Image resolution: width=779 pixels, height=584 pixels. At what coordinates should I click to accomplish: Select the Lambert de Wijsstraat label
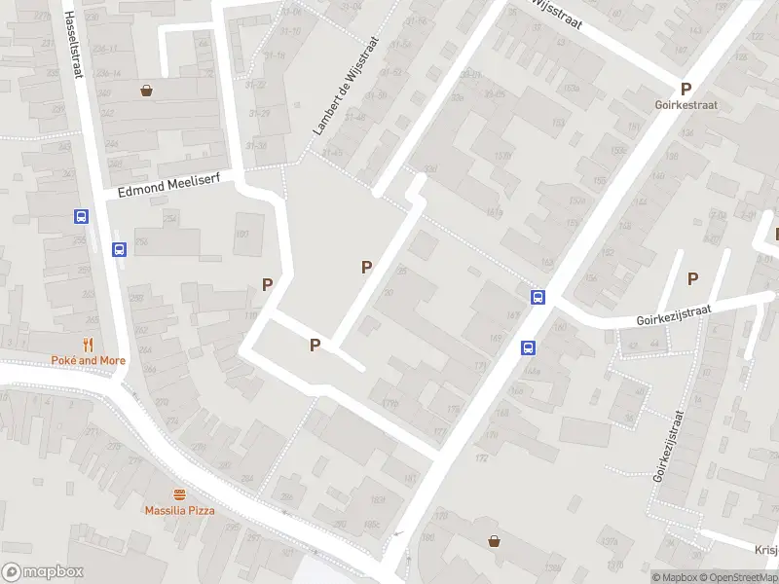pyautogui.click(x=343, y=96)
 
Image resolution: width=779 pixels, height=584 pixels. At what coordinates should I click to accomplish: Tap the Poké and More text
pyautogui.click(x=89, y=360)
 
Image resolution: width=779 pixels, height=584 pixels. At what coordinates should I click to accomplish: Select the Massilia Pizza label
pyautogui.click(x=179, y=510)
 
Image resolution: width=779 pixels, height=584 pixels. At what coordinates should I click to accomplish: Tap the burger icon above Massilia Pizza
pyautogui.click(x=179, y=494)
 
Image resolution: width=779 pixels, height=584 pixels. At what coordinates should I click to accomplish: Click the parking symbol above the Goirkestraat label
pyautogui.click(x=686, y=87)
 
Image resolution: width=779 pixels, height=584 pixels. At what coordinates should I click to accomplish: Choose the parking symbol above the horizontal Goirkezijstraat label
pyautogui.click(x=692, y=278)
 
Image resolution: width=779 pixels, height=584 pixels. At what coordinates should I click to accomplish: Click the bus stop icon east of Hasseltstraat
pyautogui.click(x=119, y=249)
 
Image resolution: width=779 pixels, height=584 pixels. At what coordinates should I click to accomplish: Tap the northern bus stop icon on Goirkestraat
pyautogui.click(x=537, y=297)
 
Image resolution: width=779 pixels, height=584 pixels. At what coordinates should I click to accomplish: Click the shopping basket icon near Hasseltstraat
pyautogui.click(x=146, y=91)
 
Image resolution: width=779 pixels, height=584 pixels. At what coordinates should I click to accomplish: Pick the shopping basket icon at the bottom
pyautogui.click(x=494, y=541)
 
